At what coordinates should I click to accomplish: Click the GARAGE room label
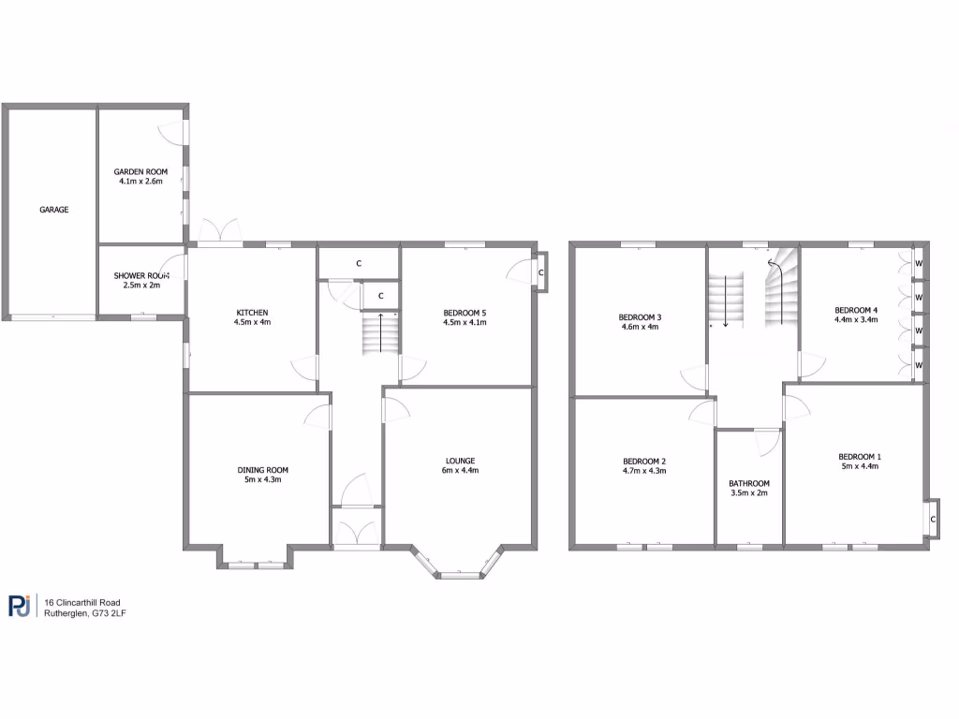coord(53,210)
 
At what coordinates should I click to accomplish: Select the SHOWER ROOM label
coord(141,275)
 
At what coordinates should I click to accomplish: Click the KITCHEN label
coord(252,312)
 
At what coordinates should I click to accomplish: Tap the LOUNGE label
coord(460,461)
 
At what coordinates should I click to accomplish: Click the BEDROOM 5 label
coord(465,312)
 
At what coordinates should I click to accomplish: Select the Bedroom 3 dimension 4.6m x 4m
coord(640,327)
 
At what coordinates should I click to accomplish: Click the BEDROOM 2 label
coord(644,461)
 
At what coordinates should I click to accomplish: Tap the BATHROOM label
coord(749,483)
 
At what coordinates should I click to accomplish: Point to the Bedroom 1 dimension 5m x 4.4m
coord(859,466)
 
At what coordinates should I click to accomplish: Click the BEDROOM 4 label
coord(856,310)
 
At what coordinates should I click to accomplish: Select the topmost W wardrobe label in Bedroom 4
coord(919,263)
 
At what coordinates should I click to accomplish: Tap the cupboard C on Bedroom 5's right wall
coord(541,272)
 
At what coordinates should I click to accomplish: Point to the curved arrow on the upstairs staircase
coord(775,266)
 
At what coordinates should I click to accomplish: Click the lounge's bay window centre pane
coord(459,574)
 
